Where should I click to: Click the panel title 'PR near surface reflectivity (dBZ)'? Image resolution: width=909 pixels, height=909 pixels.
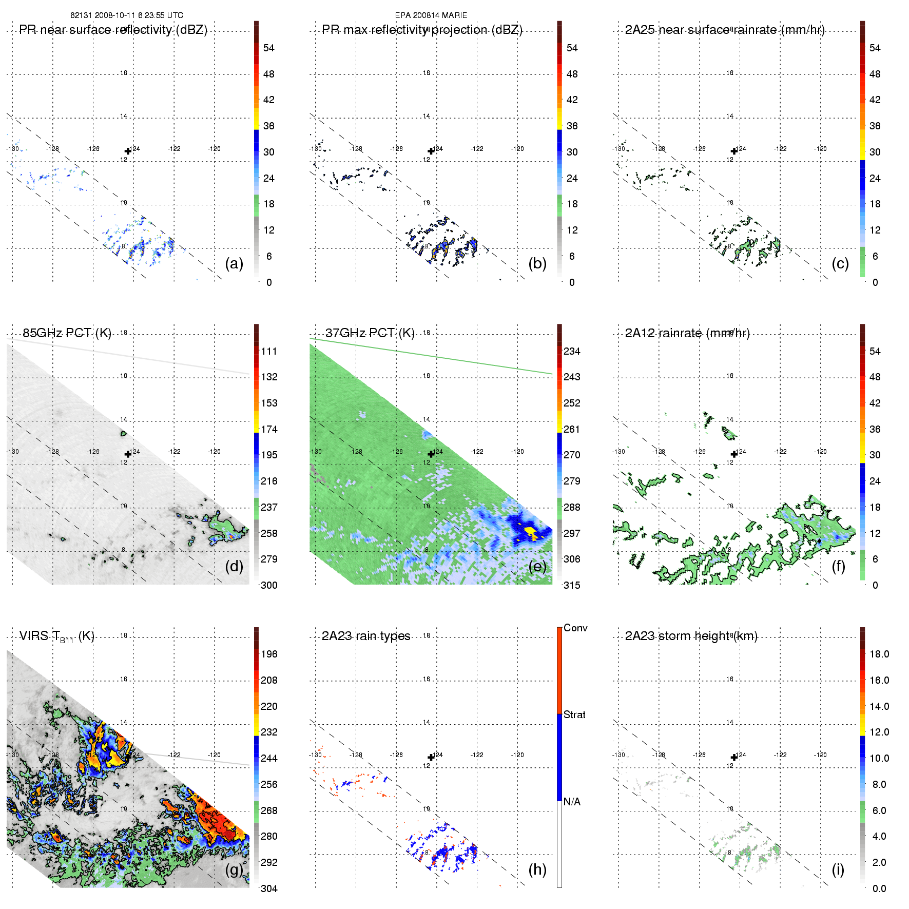pyautogui.click(x=113, y=30)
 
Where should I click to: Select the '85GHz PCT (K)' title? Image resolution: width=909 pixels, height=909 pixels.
pyautogui.click(x=67, y=333)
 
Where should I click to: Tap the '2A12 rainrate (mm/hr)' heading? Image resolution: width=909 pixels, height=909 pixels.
pyautogui.click(x=687, y=333)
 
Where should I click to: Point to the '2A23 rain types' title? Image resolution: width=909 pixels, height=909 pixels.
pyautogui.click(x=366, y=636)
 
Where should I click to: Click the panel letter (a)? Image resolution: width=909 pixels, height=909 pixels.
pyautogui.click(x=234, y=263)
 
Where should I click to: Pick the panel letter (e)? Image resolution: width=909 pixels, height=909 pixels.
pyautogui.click(x=537, y=566)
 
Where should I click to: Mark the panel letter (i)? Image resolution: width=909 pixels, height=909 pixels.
pyautogui.click(x=838, y=869)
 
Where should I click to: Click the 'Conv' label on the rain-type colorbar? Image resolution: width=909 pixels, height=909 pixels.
pyautogui.click(x=575, y=628)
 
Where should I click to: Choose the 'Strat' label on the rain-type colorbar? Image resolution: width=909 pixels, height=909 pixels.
pyautogui.click(x=574, y=714)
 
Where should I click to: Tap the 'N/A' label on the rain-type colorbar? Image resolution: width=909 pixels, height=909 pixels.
pyautogui.click(x=572, y=802)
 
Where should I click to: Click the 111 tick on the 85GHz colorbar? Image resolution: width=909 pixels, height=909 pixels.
pyautogui.click(x=269, y=351)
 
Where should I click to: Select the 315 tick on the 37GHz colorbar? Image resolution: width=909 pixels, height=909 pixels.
pyautogui.click(x=572, y=585)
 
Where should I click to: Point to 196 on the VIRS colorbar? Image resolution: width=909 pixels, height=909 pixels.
pyautogui.click(x=269, y=654)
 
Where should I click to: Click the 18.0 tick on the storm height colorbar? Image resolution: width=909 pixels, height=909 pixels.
pyautogui.click(x=879, y=654)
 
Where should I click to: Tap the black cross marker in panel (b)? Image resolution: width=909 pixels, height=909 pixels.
pyautogui.click(x=431, y=151)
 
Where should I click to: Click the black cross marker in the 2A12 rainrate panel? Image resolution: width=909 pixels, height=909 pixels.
pyautogui.click(x=734, y=454)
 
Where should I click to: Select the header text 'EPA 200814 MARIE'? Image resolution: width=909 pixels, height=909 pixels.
pyautogui.click(x=431, y=15)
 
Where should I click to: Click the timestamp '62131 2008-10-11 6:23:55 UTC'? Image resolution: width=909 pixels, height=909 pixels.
pyautogui.click(x=127, y=15)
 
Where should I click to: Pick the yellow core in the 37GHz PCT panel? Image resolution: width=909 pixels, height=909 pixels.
pyautogui.click(x=529, y=530)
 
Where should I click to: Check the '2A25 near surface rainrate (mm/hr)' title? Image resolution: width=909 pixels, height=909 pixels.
pyautogui.click(x=725, y=30)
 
